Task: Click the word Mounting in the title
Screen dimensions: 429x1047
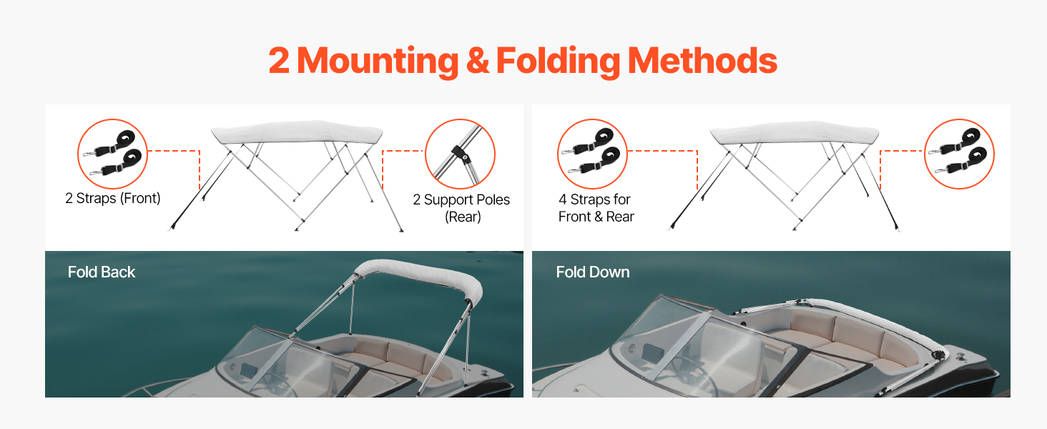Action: point(377,61)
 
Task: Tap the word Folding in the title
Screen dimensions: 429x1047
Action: point(559,61)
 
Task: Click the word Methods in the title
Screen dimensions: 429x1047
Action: point(702,61)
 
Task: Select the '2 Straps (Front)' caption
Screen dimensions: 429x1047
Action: point(113,199)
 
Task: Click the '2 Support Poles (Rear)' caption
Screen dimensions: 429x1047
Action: point(461,208)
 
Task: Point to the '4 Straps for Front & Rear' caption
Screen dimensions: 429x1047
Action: point(596,208)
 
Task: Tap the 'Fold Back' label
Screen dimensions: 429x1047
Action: point(102,272)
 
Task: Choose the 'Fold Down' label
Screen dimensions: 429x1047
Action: point(593,272)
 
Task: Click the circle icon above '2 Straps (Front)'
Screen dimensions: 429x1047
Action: point(112,154)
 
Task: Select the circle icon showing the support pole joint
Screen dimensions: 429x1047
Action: point(461,154)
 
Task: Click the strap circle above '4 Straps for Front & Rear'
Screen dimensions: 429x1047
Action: point(592,154)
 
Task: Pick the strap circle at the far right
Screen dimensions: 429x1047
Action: point(960,154)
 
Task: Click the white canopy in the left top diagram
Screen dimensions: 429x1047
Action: point(297,133)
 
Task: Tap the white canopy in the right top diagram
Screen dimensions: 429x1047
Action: point(795,133)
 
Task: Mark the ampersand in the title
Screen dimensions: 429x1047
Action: point(477,61)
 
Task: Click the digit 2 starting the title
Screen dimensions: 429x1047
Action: point(280,61)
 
